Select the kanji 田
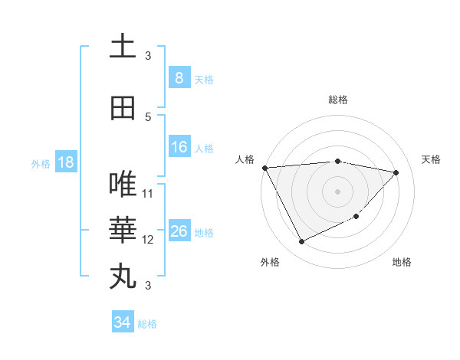click(x=123, y=108)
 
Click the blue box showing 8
click(x=179, y=78)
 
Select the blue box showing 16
click(x=179, y=147)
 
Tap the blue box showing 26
click(x=179, y=231)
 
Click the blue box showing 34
click(x=122, y=322)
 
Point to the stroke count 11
click(x=148, y=193)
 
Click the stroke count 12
click(x=148, y=239)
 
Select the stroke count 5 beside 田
click(x=148, y=116)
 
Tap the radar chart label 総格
click(x=337, y=100)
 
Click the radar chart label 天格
click(x=431, y=159)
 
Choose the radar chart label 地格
click(x=402, y=262)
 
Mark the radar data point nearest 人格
click(x=264, y=168)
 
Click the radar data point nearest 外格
click(x=301, y=242)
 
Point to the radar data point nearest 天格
click(x=396, y=172)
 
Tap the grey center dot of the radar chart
click(x=337, y=191)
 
